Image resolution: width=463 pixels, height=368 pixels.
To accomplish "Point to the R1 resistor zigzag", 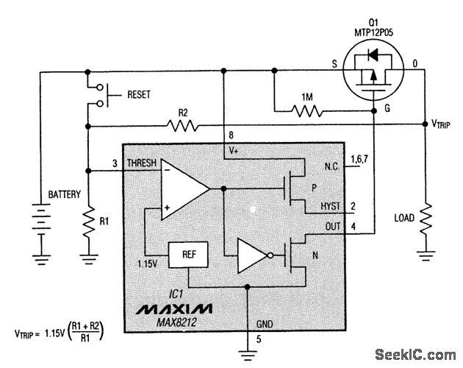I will click(87, 221).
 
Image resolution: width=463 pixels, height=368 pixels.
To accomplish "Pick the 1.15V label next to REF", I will click(148, 261).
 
